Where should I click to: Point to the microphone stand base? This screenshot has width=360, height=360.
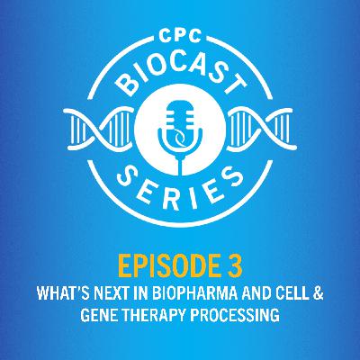tap(180, 156)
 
